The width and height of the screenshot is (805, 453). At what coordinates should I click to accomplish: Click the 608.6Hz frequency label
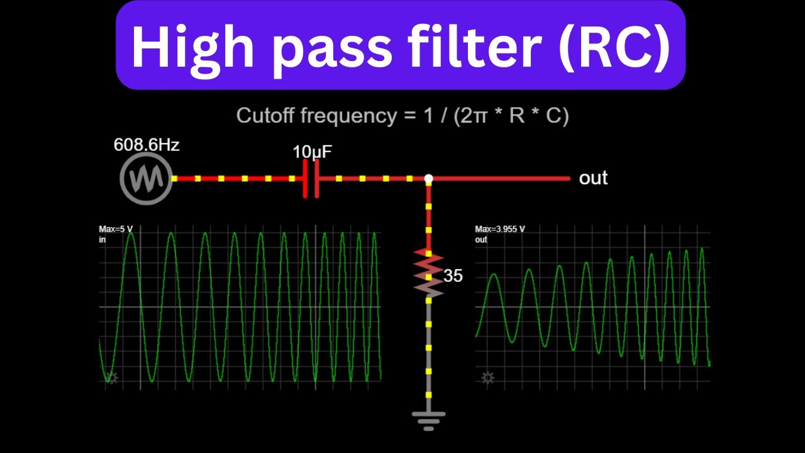click(147, 145)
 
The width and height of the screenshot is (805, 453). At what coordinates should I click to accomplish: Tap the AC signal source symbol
click(146, 179)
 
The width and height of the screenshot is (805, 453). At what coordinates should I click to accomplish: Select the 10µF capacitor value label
click(312, 152)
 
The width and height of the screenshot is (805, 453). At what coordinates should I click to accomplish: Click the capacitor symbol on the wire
click(311, 179)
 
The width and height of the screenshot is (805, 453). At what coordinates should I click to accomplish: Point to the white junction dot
click(428, 178)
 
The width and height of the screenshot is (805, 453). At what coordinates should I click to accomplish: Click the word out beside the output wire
click(593, 178)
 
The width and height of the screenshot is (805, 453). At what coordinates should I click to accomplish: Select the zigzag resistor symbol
click(428, 273)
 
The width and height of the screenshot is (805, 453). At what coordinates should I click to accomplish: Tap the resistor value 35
click(453, 276)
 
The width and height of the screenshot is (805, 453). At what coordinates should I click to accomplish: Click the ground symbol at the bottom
click(428, 421)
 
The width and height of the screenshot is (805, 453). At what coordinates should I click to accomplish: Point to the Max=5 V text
click(116, 229)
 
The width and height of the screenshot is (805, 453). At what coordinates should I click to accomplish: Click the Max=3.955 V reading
click(500, 229)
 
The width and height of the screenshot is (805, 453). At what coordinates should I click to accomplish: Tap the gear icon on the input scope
click(112, 377)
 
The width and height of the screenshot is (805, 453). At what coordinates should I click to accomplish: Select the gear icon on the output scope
click(487, 377)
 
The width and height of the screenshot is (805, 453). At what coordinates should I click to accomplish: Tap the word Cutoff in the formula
click(265, 115)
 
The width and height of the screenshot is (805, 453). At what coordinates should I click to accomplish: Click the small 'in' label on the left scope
click(103, 240)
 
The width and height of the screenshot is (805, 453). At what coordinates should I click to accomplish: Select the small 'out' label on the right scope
click(481, 240)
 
